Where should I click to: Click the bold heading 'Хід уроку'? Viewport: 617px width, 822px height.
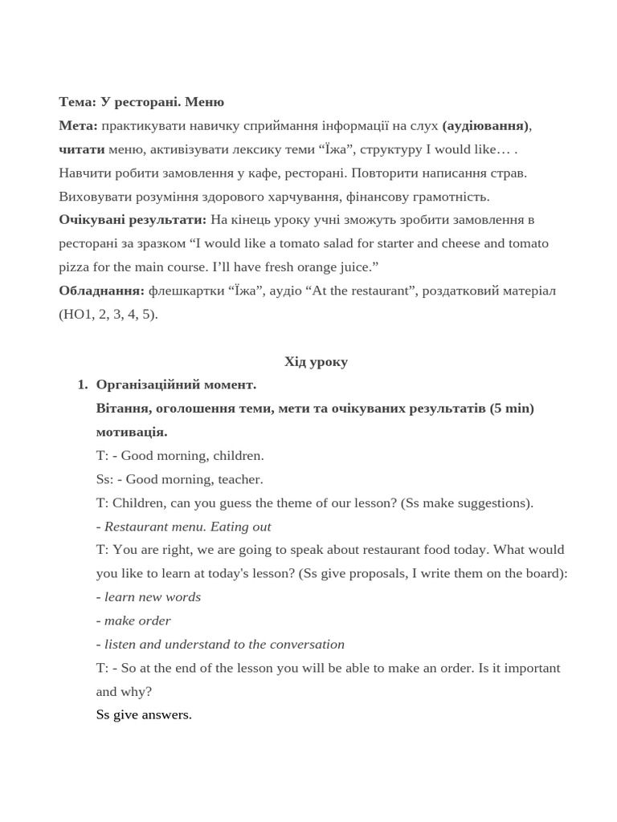pyautogui.click(x=316, y=361)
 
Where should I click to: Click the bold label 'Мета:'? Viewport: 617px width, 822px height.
pyautogui.click(x=78, y=125)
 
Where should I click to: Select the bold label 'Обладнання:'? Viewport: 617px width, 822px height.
pyautogui.click(x=101, y=290)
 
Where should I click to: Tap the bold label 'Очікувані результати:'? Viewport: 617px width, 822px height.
pyautogui.click(x=133, y=219)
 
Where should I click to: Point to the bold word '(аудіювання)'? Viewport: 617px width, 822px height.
pyautogui.click(x=485, y=125)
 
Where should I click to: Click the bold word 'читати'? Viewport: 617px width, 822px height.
pyautogui.click(x=82, y=149)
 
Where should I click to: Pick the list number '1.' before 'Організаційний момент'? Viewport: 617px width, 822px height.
pyautogui.click(x=83, y=385)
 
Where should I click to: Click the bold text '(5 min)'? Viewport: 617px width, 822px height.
pyautogui.click(x=512, y=408)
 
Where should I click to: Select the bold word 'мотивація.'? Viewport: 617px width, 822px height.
pyautogui.click(x=132, y=431)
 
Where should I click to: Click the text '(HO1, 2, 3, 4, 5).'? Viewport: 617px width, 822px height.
pyautogui.click(x=108, y=314)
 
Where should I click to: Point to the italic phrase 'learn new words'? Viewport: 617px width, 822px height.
pyautogui.click(x=153, y=596)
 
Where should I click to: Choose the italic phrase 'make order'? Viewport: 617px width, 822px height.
pyautogui.click(x=137, y=621)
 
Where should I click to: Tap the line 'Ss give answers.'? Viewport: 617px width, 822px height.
pyautogui.click(x=144, y=714)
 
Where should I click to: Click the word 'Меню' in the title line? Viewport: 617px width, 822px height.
pyautogui.click(x=204, y=102)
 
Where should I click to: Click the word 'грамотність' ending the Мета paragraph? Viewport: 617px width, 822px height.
pyautogui.click(x=451, y=196)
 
